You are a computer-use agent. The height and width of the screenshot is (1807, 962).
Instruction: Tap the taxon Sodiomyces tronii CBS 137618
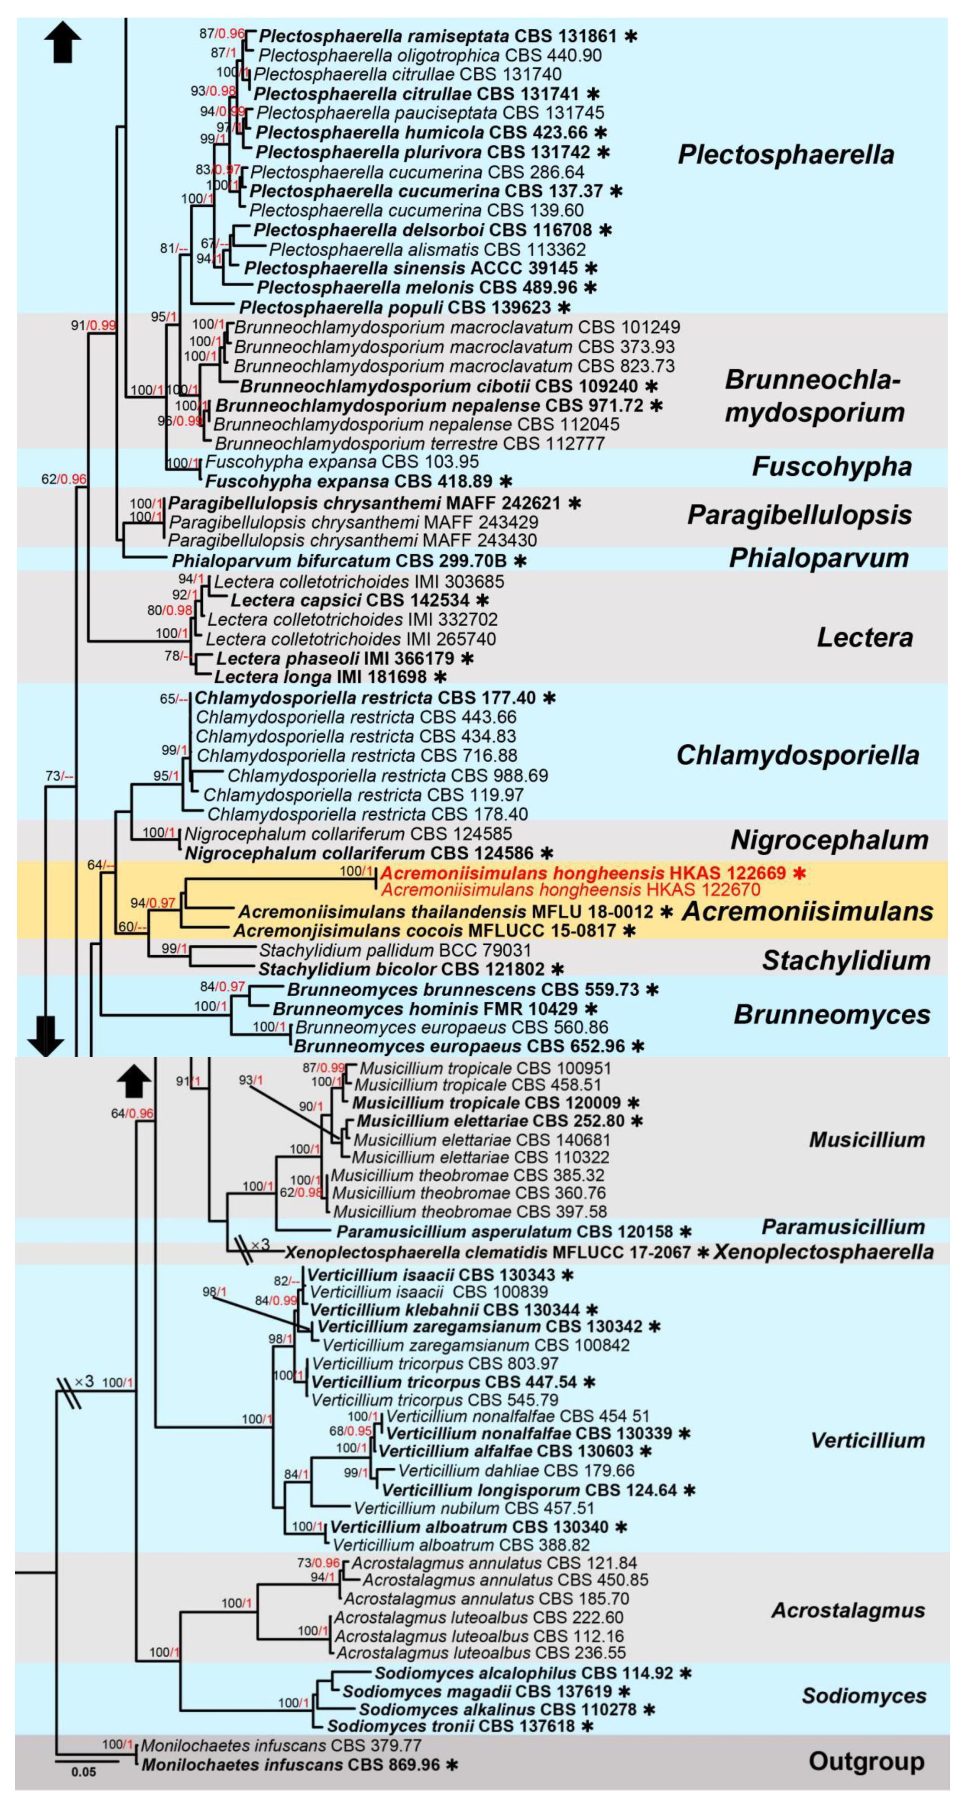click(x=451, y=1726)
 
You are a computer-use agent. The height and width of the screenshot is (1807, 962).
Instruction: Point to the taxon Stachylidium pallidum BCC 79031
click(x=395, y=951)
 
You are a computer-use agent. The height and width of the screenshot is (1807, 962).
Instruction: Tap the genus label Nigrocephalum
click(x=829, y=840)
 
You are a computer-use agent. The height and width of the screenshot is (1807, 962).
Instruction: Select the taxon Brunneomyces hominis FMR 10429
click(x=425, y=1009)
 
